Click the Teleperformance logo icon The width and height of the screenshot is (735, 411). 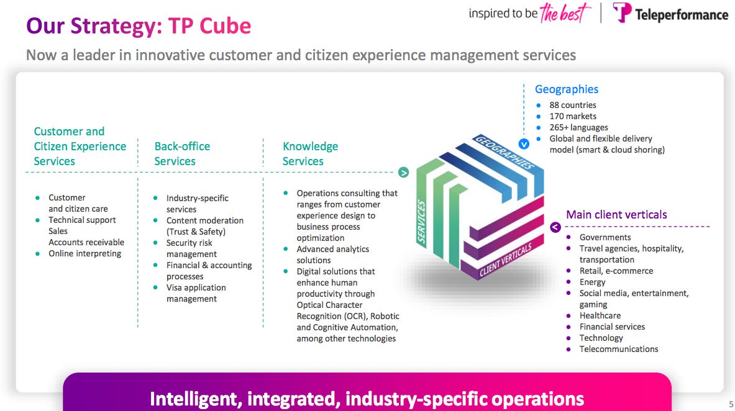point(622,13)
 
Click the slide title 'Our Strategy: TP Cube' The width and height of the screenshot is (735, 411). point(139,26)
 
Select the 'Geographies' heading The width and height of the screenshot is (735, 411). point(567,89)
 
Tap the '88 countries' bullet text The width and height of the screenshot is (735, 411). point(572,105)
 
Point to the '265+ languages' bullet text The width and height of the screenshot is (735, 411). point(578,127)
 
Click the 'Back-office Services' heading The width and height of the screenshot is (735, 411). point(182,153)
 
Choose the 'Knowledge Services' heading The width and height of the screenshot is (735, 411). point(310,153)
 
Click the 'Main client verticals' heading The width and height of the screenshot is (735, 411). point(616,215)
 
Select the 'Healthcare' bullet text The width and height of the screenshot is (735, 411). point(600,315)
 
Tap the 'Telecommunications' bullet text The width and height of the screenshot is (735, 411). point(618,349)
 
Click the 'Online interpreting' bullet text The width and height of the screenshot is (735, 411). point(85,253)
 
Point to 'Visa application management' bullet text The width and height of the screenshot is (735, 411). point(196,293)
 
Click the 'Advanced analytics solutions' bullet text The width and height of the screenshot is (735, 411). point(332,255)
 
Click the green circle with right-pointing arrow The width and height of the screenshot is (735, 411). point(403,172)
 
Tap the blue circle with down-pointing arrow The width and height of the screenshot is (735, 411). point(524,143)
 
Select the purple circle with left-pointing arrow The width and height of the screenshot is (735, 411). point(555,227)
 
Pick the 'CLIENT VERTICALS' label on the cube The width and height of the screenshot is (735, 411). point(506,260)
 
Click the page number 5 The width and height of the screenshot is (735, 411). point(731,402)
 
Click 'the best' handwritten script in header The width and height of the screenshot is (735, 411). point(564,13)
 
